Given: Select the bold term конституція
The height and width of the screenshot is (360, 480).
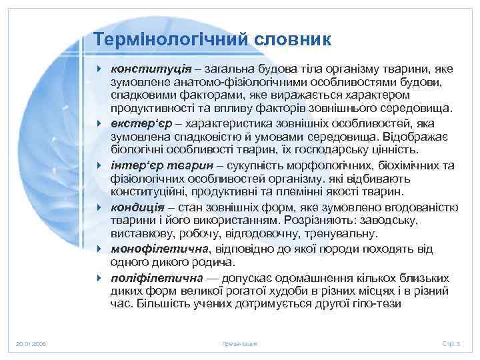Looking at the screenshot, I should pos(151,68).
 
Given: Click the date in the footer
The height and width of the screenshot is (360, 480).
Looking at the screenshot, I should pos(31,343).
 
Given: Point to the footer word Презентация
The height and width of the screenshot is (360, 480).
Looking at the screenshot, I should pos(239,343).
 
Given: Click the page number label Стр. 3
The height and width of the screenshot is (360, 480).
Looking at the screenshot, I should pos(451,343).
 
